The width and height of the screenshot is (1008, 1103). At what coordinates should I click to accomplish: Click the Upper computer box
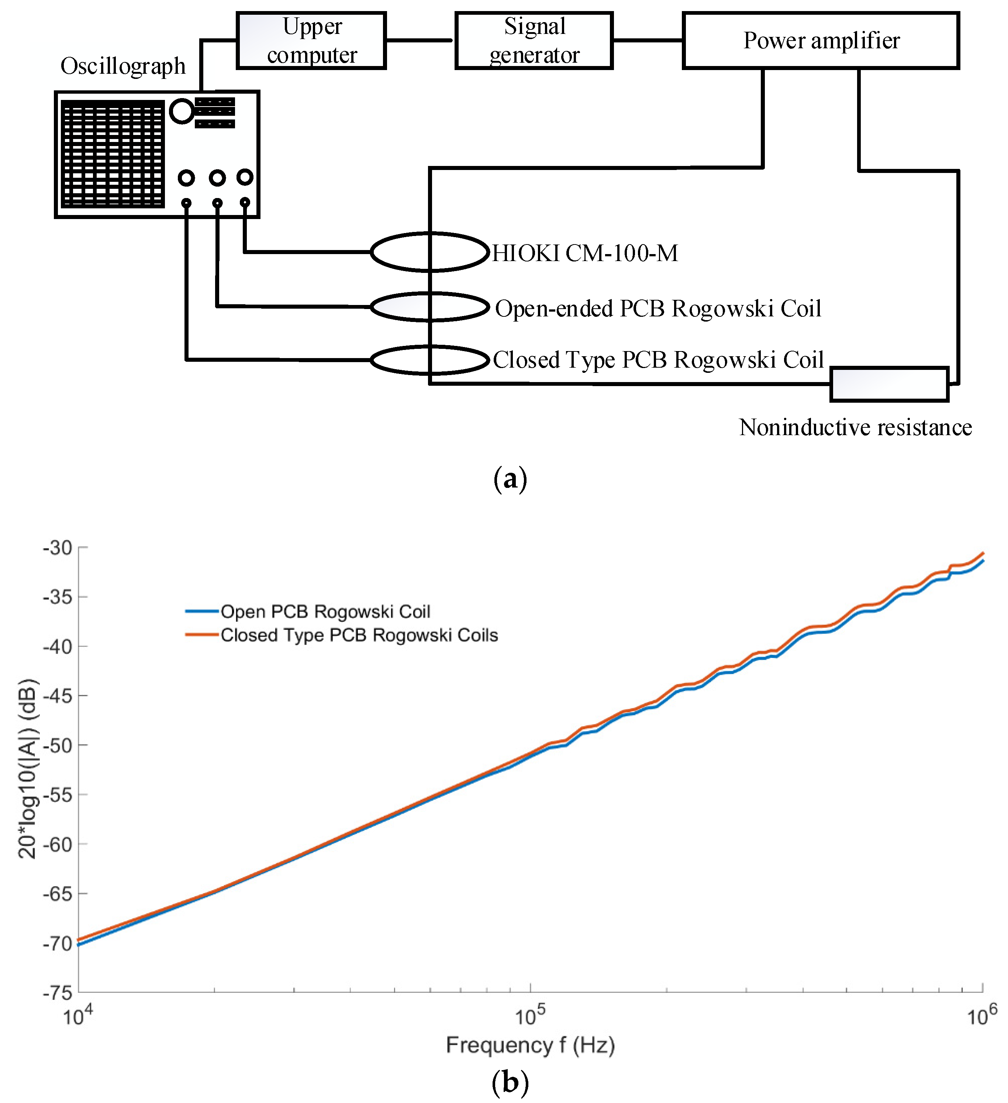pos(311,41)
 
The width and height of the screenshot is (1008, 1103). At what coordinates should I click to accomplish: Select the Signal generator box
pos(534,41)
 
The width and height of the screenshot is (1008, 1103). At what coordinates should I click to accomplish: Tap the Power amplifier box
pos(820,41)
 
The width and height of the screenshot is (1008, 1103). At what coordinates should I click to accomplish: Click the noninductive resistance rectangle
pos(888,385)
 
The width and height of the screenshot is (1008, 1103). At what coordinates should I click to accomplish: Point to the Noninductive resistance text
pos(855,427)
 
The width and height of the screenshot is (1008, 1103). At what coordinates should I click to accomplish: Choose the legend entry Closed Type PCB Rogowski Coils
pos(359,635)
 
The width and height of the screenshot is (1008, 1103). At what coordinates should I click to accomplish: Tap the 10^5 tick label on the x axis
pos(529,1016)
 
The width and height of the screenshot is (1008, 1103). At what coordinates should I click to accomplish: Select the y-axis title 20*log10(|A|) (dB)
pos(27,769)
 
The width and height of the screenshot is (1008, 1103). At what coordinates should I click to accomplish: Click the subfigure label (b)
pos(510,1082)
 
